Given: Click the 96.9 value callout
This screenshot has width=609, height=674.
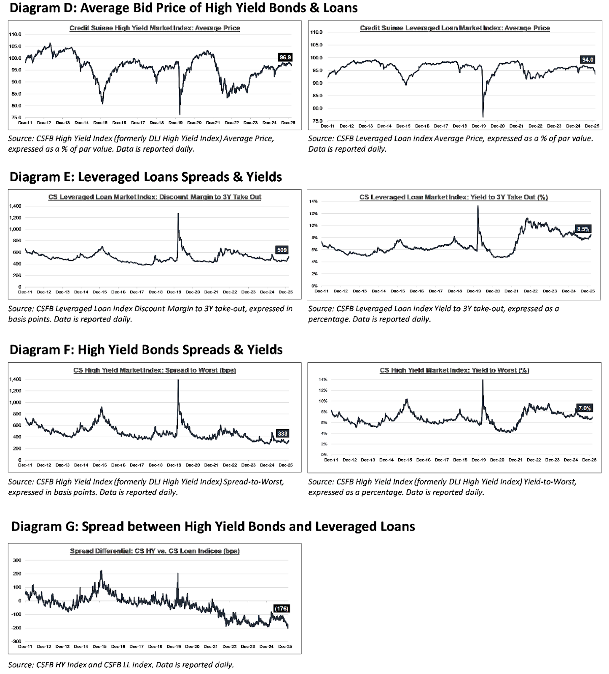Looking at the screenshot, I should (x=285, y=57).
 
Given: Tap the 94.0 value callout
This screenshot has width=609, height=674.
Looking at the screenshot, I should (x=588, y=60).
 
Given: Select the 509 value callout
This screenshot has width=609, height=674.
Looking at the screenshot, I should (x=282, y=250).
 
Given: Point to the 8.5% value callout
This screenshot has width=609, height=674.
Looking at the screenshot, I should (x=583, y=229).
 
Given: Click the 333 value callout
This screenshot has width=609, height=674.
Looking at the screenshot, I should (x=282, y=433).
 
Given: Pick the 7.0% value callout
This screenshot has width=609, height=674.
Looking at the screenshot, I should (x=585, y=408).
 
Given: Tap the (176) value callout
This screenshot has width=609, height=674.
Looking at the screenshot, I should (x=281, y=609).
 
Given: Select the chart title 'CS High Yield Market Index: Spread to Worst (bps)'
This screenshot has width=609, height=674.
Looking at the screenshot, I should (x=154, y=370).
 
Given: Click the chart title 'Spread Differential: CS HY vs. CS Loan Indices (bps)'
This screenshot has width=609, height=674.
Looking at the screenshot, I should (x=155, y=551).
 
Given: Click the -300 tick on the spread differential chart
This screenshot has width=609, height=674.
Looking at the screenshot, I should (x=17, y=641).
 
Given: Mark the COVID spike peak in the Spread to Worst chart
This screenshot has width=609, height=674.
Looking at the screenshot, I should (x=178, y=380).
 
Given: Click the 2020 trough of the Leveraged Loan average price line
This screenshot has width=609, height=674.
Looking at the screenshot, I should (x=483, y=117).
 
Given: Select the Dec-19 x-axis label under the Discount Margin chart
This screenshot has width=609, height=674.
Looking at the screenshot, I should (x=174, y=292).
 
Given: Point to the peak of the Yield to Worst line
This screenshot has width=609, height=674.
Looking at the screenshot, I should (x=482, y=380).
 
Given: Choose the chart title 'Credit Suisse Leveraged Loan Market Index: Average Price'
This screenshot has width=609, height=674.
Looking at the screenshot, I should (x=455, y=28).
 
